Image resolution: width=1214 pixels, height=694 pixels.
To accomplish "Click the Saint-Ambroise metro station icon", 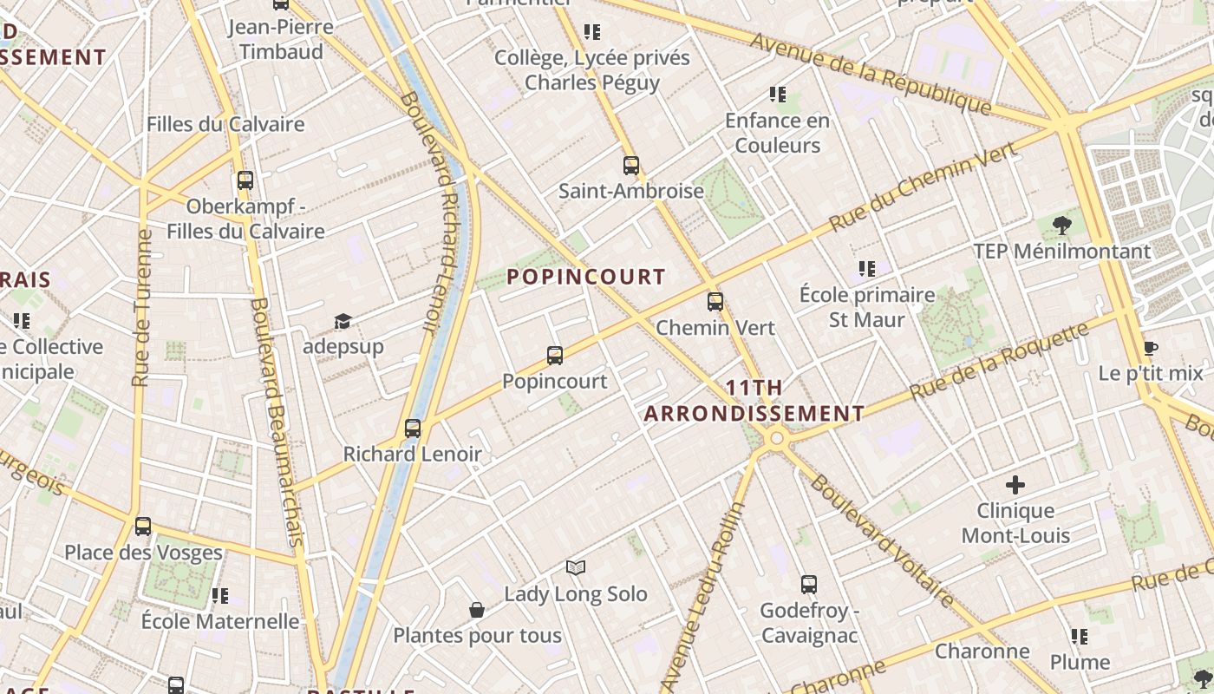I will [x=630, y=165].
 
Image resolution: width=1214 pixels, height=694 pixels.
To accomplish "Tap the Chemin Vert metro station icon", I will [x=715, y=302].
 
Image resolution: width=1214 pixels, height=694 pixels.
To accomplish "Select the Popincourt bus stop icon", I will [x=555, y=355].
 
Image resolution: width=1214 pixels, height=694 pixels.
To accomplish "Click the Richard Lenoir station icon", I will [x=413, y=428].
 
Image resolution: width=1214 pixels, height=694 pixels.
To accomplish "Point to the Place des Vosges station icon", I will [x=143, y=526].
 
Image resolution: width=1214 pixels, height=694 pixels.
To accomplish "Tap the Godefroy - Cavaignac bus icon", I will [x=809, y=584].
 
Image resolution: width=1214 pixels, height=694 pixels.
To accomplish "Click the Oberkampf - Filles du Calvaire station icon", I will [x=245, y=180].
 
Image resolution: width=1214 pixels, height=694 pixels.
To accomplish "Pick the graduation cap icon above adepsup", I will [x=343, y=322].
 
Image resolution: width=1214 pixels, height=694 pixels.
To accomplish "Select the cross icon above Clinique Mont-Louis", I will [x=1015, y=484].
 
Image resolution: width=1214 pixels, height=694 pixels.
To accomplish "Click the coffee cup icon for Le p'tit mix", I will [x=1151, y=348].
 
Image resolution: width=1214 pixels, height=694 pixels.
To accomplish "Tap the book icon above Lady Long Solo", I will [x=576, y=567].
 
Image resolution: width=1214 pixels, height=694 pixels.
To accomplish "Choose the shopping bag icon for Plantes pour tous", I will [x=476, y=610].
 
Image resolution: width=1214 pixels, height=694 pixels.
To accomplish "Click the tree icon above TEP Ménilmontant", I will [x=1061, y=226].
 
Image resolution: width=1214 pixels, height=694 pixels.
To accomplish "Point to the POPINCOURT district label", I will [x=586, y=278].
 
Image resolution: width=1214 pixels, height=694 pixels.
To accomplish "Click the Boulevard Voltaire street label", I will [x=881, y=539].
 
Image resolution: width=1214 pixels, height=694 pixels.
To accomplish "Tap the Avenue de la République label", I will [x=871, y=73].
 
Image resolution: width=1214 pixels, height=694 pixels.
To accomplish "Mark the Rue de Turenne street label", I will [x=142, y=307].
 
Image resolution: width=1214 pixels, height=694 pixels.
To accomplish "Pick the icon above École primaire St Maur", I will [x=866, y=269].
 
